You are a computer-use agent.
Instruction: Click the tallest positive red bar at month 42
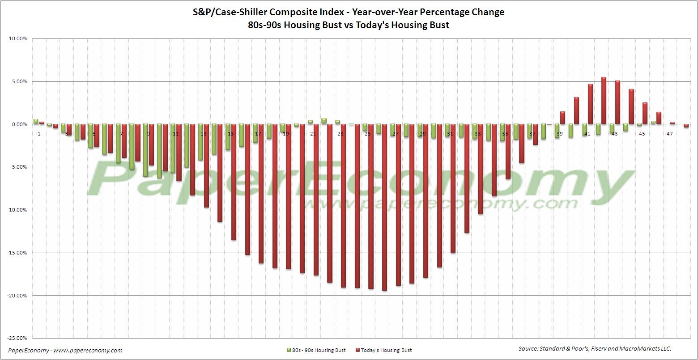pyautogui.click(x=604, y=101)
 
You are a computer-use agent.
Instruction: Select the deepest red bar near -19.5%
pyautogui.click(x=384, y=208)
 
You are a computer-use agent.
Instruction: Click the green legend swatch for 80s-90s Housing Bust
pyautogui.click(x=288, y=350)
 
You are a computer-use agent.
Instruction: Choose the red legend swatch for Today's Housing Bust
pyautogui.click(x=357, y=350)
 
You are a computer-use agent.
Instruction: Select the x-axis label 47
pyautogui.click(x=669, y=134)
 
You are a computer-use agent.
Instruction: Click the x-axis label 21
pyautogui.click(x=313, y=134)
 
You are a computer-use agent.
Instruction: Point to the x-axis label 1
pyautogui.click(x=39, y=134)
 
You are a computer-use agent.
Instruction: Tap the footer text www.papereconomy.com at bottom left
pyautogui.click(x=88, y=351)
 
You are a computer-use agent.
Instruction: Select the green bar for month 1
pyautogui.click(x=36, y=121)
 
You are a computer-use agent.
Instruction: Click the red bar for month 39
pyautogui.click(x=562, y=118)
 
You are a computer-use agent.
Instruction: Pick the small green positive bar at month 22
pyautogui.click(x=324, y=121)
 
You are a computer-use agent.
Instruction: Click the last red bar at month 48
pyautogui.click(x=686, y=126)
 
